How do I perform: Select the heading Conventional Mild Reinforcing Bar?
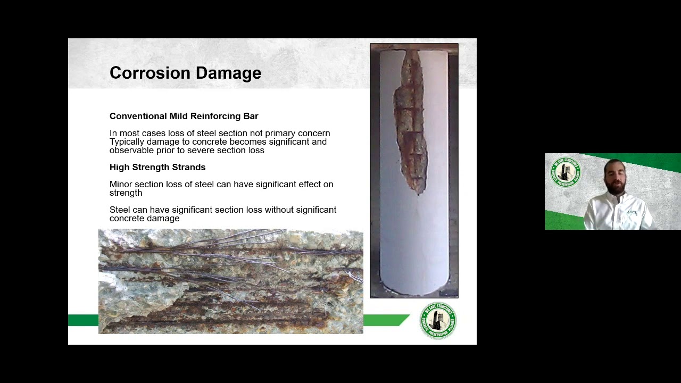coord(184,116)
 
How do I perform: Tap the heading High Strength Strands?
coord(157,167)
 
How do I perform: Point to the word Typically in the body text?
coord(127,142)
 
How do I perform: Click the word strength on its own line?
coord(126,193)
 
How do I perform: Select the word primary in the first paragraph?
coord(280,133)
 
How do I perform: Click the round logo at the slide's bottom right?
coord(438,321)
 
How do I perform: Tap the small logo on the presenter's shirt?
coord(632,212)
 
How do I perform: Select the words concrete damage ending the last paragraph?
coord(144,218)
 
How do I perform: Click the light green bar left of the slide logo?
coord(385,320)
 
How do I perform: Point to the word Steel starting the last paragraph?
coord(120,210)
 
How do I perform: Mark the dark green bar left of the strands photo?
coord(83,320)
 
